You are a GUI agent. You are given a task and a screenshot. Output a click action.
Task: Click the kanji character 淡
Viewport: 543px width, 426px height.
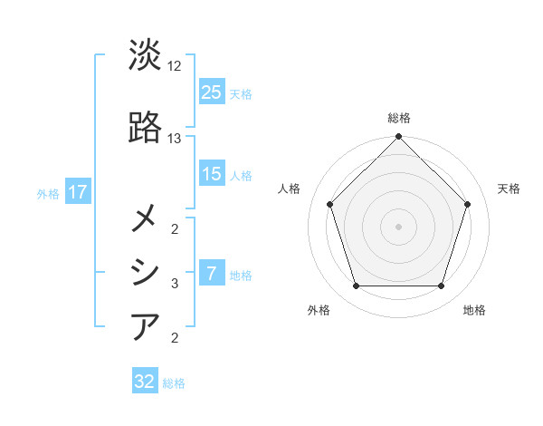click(146, 55)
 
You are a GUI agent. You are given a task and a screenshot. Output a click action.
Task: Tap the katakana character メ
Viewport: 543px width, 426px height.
click(146, 218)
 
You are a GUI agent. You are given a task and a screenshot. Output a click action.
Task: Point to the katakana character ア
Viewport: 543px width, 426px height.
click(146, 325)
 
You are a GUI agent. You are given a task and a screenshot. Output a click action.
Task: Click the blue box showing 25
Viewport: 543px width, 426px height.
click(212, 92)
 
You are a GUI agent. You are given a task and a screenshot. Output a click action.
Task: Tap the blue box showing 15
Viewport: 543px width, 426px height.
click(212, 175)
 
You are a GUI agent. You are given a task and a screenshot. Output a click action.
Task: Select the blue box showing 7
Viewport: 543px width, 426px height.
click(212, 275)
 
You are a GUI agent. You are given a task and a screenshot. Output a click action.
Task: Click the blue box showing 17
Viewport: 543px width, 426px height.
click(77, 192)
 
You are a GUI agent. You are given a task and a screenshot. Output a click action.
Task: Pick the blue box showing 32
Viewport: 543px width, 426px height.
click(145, 382)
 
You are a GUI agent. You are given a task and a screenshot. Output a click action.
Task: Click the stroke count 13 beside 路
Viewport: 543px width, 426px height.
click(175, 139)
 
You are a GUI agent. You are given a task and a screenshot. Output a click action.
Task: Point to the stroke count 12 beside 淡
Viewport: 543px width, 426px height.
click(175, 66)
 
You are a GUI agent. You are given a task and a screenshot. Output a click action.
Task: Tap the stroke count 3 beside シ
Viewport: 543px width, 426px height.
click(175, 284)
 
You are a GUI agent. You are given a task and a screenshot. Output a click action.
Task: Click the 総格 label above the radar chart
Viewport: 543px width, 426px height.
click(399, 118)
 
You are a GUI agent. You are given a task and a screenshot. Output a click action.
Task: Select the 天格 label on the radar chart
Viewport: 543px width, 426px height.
click(509, 189)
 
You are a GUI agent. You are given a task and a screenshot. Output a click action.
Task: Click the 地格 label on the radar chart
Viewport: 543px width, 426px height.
click(474, 310)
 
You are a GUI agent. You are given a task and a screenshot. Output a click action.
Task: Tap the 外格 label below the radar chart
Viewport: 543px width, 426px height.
click(319, 310)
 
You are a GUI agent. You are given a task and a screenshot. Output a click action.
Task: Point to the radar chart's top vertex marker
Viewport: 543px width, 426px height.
click(399, 138)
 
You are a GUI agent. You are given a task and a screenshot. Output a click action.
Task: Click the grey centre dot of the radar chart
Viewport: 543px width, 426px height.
click(399, 226)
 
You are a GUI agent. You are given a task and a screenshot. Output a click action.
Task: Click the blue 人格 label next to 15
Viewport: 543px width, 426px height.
click(241, 176)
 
